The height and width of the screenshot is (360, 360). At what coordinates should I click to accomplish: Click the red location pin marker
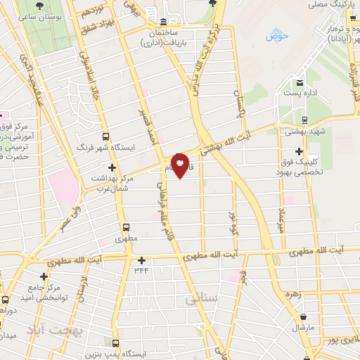coord(180,165)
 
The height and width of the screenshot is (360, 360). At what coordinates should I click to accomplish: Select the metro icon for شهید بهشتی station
coord(304,120)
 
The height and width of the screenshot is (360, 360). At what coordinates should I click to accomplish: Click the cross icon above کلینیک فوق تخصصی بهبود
coord(300,151)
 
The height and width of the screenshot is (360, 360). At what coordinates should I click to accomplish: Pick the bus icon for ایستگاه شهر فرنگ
coord(105,136)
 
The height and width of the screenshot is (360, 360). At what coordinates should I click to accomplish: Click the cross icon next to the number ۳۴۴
coord(141,260)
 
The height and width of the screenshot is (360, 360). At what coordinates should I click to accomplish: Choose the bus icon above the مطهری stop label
coord(127,227)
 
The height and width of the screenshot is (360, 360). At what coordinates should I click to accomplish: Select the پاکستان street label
coord(238,106)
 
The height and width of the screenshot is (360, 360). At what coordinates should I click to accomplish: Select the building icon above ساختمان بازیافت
coord(164,21)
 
